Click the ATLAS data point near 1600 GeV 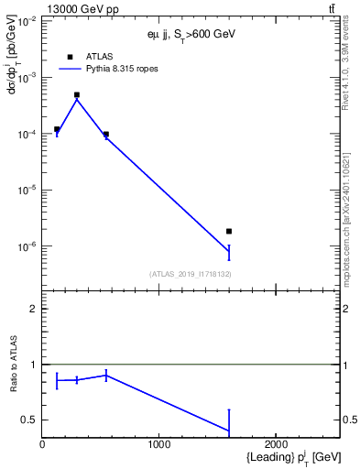coord(229,231)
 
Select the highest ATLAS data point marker coord(77,94)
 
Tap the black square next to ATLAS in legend coord(71,56)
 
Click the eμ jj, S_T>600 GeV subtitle coord(191,34)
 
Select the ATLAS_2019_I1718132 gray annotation coord(191,274)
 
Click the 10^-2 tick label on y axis coord(25,20)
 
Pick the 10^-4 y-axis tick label coord(25,134)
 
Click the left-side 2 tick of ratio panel coord(33,309)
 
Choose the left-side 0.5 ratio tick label coord(29,420)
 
